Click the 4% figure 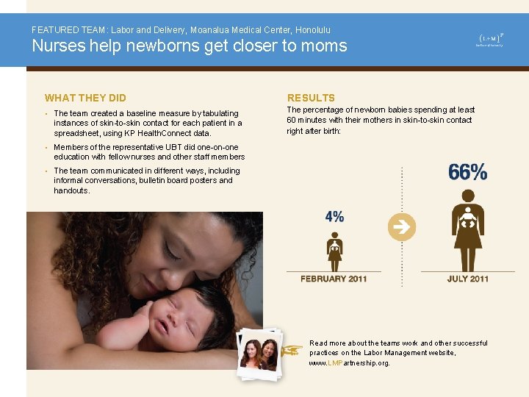(x=334, y=217)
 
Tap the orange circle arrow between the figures (x=402, y=227)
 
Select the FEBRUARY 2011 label (x=334, y=279)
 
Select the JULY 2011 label (x=468, y=279)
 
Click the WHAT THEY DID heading (x=85, y=98)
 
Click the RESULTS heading (x=311, y=98)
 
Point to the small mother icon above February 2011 (x=334, y=251)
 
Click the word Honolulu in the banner (x=312, y=30)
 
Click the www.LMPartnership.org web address (x=349, y=363)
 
